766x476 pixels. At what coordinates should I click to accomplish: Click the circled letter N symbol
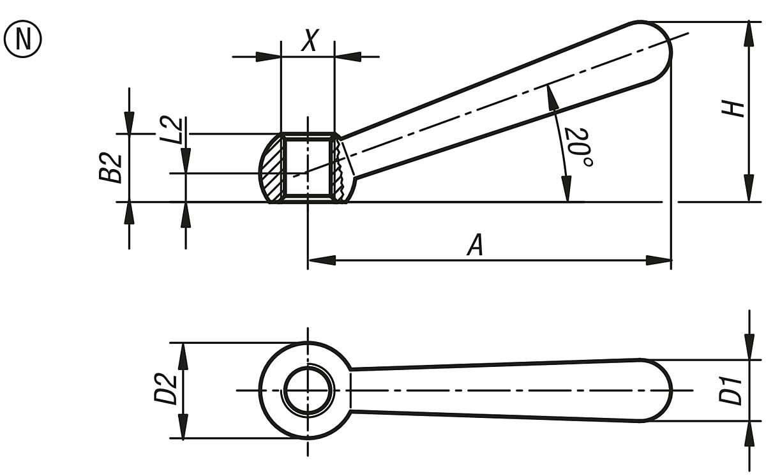23,39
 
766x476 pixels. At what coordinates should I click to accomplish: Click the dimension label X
308,41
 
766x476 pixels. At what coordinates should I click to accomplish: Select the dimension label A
475,246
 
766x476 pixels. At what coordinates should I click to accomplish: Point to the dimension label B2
112,168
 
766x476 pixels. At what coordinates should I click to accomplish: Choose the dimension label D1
731,390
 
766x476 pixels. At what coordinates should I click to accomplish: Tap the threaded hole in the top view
308,390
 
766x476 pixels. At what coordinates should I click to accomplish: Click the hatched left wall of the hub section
271,170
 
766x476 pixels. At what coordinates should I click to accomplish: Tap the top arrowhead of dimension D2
184,355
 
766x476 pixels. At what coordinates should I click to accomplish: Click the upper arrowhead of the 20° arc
550,95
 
